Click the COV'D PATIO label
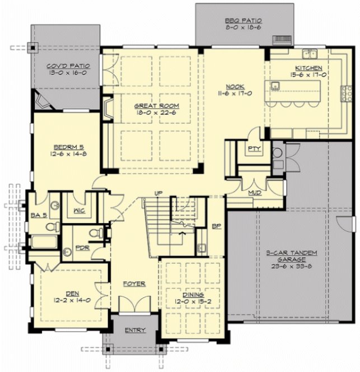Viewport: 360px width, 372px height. point(67,66)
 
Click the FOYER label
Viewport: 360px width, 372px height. point(134,284)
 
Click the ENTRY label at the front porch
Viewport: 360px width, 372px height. point(135,331)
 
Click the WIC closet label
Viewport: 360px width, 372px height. point(78,212)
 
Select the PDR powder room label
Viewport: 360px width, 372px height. point(82,247)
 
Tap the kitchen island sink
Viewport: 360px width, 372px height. point(275,86)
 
